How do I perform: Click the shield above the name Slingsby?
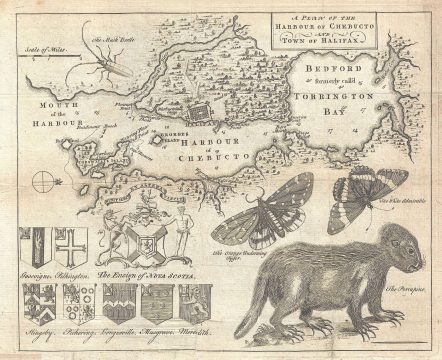click(31, 305)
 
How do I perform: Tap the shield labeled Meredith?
click(197, 304)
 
